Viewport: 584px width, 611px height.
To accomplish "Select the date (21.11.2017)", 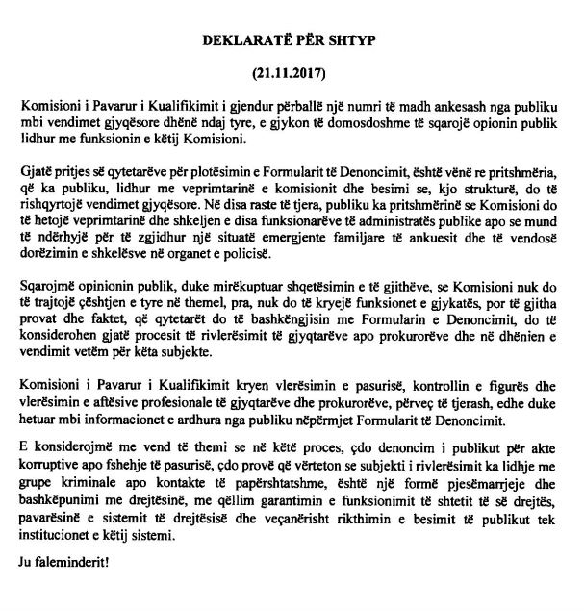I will [292, 71].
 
